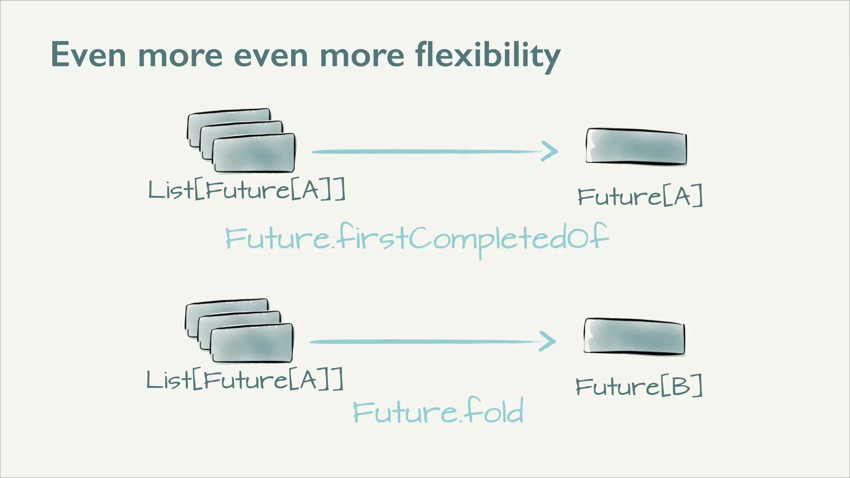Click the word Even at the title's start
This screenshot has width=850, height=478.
tap(88, 55)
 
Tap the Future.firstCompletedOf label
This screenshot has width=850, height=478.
tap(417, 239)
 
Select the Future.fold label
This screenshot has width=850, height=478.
tap(438, 411)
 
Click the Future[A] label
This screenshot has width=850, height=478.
tap(640, 196)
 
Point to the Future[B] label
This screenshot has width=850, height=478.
tap(639, 386)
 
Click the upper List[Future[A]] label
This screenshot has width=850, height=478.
tap(247, 190)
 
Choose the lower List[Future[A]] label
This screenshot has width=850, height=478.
tap(245, 380)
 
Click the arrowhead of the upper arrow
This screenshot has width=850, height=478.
tap(550, 151)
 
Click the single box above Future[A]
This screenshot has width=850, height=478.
tap(636, 146)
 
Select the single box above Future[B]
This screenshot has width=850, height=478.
tap(634, 337)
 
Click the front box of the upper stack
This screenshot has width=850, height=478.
tap(254, 153)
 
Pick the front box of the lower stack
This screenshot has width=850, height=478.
tap(252, 343)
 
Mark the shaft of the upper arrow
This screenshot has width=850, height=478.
tap(423, 152)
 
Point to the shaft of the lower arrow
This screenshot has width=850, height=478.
tap(421, 341)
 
